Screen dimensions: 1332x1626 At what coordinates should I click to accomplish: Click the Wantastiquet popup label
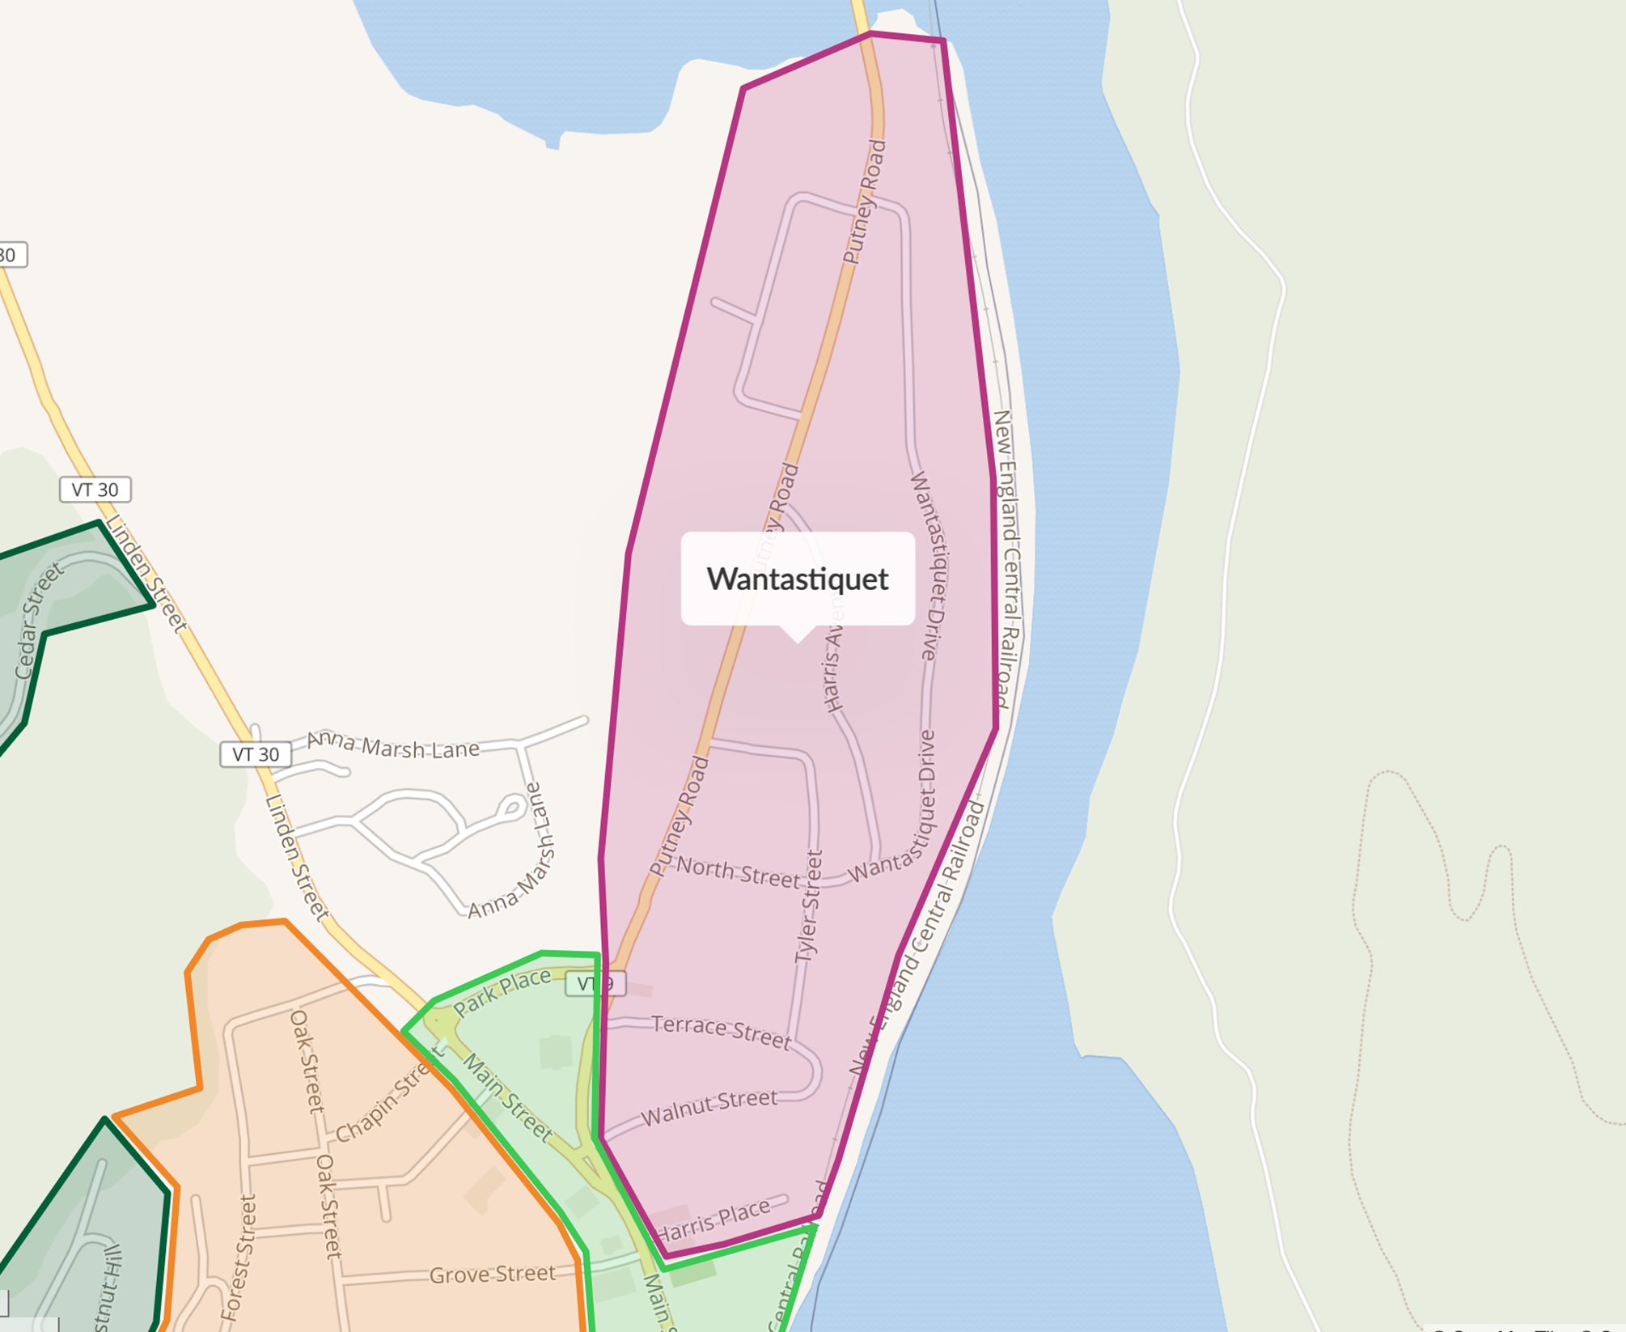(x=798, y=579)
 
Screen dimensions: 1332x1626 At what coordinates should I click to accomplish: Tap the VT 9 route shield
(x=595, y=983)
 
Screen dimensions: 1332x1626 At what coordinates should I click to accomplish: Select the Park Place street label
(x=502, y=994)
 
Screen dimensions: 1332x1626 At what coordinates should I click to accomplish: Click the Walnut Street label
(x=709, y=1107)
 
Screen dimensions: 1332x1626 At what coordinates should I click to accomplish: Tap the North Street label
(x=738, y=872)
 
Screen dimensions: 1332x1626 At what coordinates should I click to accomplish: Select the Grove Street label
(x=492, y=1275)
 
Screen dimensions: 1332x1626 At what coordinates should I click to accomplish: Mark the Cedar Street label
(x=38, y=621)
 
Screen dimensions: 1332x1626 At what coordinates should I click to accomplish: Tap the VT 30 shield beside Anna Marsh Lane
(x=256, y=754)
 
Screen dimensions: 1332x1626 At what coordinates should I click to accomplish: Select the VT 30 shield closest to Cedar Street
(x=95, y=490)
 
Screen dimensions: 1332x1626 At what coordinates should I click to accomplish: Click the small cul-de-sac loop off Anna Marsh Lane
(x=511, y=807)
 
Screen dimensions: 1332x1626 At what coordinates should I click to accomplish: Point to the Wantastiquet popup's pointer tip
(x=798, y=641)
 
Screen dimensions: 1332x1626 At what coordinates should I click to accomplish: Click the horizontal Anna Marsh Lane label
(x=393, y=745)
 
